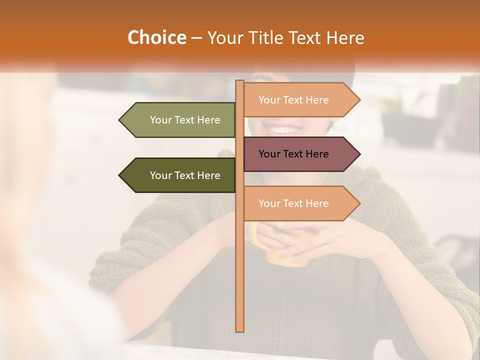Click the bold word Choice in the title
(157, 37)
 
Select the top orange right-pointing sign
(295, 100)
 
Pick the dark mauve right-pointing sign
(295, 154)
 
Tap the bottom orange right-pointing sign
(295, 203)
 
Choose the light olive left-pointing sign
(182, 120)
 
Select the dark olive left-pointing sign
(182, 175)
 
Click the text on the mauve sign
(293, 154)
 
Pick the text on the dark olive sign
(185, 175)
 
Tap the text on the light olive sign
(185, 120)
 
